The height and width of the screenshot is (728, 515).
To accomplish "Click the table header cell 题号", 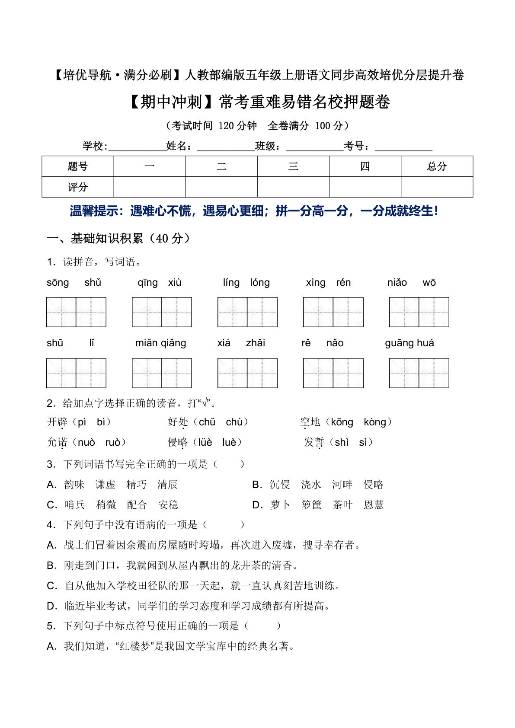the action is coord(78,166).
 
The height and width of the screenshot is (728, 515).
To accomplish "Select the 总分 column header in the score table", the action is coord(437,166).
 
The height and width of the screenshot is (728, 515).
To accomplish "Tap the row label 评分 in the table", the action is coord(78,187).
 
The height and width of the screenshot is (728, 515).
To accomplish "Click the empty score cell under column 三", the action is coord(293,187).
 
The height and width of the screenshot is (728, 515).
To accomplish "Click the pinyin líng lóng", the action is coord(246,283).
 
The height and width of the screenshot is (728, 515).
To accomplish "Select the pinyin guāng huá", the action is coord(409,343).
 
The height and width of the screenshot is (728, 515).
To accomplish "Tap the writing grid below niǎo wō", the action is coord(419,312).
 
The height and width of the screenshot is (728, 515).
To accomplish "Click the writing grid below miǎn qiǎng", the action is coord(162,373).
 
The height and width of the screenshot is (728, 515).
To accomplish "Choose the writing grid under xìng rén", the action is coord(333,312).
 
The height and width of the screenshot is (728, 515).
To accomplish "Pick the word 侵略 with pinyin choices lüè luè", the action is coord(178,442).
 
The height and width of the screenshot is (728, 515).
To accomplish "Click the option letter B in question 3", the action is coord(257,485).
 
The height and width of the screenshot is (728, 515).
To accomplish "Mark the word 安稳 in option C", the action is coord(168,505).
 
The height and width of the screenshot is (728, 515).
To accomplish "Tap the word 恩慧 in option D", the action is coord(374,505).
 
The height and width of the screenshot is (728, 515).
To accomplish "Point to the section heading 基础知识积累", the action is coord(107,239).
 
